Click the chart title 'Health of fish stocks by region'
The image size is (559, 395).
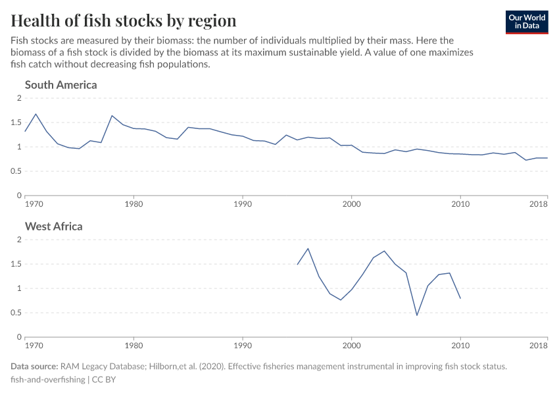(124, 20)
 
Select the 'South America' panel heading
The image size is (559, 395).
(61, 85)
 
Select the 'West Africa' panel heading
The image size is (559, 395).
(54, 226)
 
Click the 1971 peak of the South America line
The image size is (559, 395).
(36, 114)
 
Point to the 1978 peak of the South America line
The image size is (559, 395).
(112, 116)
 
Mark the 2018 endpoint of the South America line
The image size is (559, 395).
(547, 158)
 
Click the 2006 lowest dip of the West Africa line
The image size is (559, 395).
(417, 315)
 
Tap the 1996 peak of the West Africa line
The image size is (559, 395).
(308, 248)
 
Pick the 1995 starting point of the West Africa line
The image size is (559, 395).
(297, 265)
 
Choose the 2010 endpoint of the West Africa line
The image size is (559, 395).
(460, 298)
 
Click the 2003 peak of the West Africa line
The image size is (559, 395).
(384, 251)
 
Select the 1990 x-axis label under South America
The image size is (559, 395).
(243, 203)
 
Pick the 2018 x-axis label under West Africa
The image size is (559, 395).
(538, 345)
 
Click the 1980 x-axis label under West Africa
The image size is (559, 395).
(134, 345)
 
